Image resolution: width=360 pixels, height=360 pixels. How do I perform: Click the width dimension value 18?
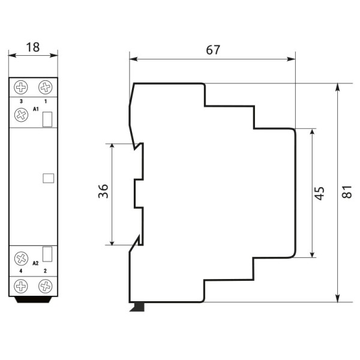point(33,47)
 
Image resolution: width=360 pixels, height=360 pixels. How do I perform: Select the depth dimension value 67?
point(212,50)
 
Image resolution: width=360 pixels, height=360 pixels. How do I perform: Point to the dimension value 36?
point(103,192)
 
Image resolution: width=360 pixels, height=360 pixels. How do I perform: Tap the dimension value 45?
point(320,193)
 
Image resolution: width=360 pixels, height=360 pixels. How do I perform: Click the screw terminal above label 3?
point(22,88)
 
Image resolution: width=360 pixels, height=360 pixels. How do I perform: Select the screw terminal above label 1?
point(45,88)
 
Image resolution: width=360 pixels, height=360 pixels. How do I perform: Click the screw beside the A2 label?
point(22,259)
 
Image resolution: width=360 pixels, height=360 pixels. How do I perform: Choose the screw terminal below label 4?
point(22,286)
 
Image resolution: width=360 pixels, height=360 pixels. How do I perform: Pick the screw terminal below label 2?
point(45,286)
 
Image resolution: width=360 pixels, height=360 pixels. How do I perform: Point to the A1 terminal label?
point(36,109)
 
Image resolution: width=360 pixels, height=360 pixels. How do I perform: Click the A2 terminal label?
point(36,263)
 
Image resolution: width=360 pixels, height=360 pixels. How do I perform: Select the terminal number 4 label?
point(22,272)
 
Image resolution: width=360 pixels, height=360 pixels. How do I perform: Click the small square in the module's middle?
point(49,178)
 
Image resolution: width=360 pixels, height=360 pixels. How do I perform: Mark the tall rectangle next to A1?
point(48,119)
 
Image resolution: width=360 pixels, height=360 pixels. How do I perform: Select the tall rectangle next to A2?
point(48,254)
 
